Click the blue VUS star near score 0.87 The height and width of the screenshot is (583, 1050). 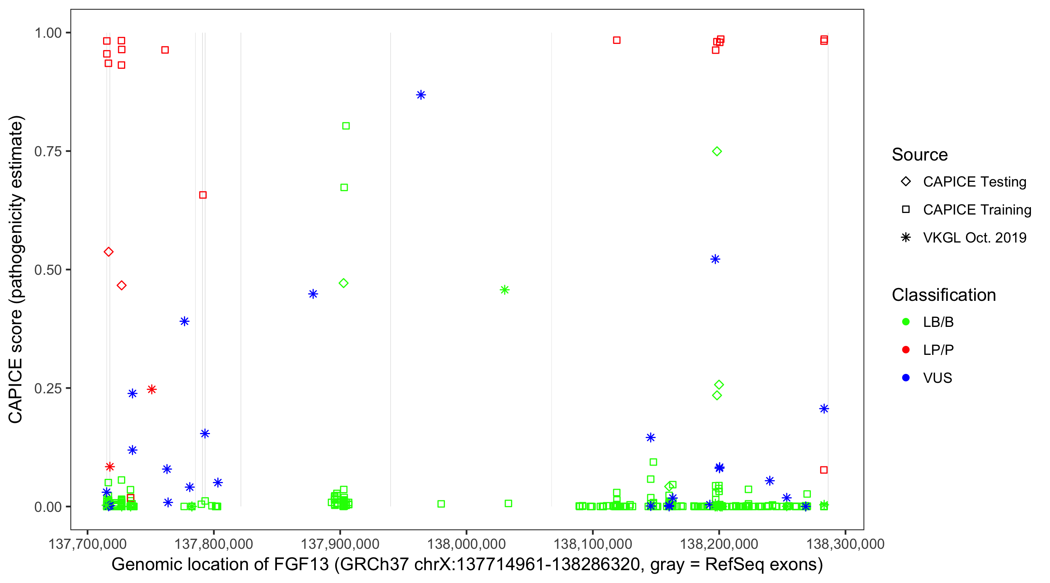click(421, 95)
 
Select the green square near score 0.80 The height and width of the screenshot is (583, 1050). click(346, 126)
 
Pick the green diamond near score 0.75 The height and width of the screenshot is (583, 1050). click(717, 152)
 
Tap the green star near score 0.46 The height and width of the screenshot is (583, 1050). click(505, 290)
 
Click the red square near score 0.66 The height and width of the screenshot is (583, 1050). click(203, 195)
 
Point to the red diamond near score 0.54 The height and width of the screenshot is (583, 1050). click(108, 252)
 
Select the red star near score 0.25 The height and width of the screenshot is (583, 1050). click(152, 389)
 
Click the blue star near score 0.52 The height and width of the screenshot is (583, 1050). click(715, 259)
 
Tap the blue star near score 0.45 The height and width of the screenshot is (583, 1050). click(313, 294)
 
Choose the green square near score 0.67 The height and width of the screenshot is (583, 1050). click(344, 187)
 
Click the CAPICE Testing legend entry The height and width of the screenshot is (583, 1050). click(974, 182)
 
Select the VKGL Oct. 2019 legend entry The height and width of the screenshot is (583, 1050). click(974, 237)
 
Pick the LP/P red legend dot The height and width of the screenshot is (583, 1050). click(906, 350)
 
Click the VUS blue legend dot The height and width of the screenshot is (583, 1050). click(906, 378)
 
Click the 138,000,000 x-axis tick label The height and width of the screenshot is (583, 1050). click(466, 543)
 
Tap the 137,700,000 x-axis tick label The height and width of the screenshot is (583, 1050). click(87, 543)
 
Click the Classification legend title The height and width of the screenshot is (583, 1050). click(943, 295)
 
